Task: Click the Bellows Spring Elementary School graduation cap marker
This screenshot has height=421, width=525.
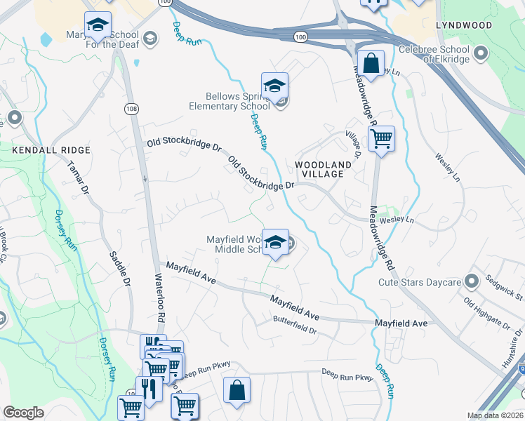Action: tap(275, 86)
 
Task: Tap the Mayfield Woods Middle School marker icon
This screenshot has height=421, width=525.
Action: tap(277, 243)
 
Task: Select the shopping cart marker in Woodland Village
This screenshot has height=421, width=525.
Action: tap(381, 139)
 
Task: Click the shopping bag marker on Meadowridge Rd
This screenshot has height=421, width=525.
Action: tap(371, 64)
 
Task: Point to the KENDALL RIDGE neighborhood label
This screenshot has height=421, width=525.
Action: tap(51, 150)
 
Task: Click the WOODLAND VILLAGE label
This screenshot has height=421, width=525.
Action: tap(322, 169)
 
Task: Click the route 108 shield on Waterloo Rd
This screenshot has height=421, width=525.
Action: tap(131, 108)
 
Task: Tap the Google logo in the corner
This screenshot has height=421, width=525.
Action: tap(24, 413)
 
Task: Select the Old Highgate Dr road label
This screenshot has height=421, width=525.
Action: tap(486, 313)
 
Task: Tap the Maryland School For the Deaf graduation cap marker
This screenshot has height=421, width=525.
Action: tap(98, 26)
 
